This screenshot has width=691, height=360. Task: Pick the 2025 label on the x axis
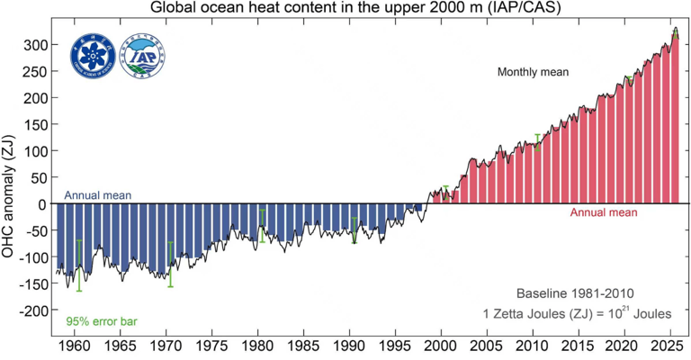point(668,346)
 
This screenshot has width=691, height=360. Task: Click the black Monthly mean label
point(535,72)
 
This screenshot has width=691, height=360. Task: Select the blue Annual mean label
point(98,195)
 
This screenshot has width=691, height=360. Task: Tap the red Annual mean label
point(604,213)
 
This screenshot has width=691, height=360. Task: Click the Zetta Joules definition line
point(576,313)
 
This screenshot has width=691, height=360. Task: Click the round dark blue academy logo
point(92,56)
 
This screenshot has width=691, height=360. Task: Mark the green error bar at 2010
point(538,141)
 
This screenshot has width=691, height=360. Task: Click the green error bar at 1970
point(171,264)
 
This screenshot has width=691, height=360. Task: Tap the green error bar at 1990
point(354,230)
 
